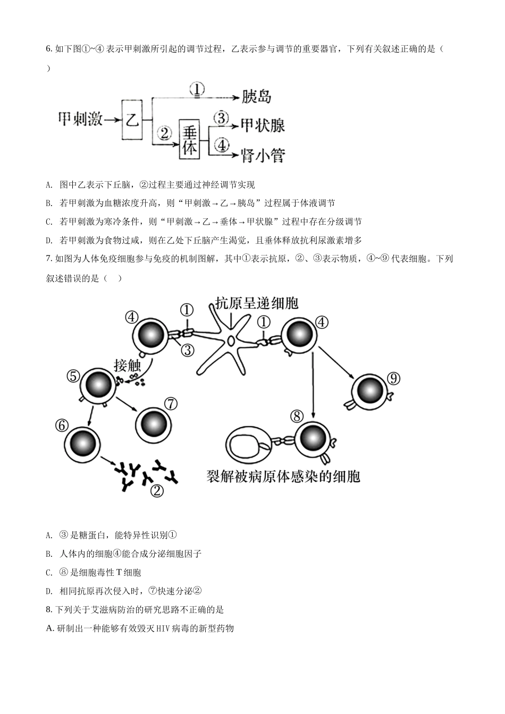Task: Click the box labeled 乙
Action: (x=132, y=120)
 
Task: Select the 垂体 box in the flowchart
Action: (x=189, y=139)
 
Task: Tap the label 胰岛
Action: (x=256, y=96)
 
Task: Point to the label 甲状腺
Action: (x=263, y=125)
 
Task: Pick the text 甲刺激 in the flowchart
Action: (x=80, y=119)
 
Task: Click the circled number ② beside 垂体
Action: (x=165, y=133)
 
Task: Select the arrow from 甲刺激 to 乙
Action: (x=113, y=120)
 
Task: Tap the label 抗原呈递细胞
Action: (x=257, y=303)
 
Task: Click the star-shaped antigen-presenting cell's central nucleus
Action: (x=231, y=341)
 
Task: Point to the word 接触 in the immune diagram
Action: (x=127, y=365)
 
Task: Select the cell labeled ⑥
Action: (x=82, y=444)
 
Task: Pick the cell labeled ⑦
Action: (x=154, y=425)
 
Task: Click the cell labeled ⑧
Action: (x=312, y=439)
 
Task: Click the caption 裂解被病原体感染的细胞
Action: (x=283, y=477)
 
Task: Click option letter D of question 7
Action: (x=49, y=591)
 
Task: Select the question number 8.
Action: (x=49, y=610)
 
